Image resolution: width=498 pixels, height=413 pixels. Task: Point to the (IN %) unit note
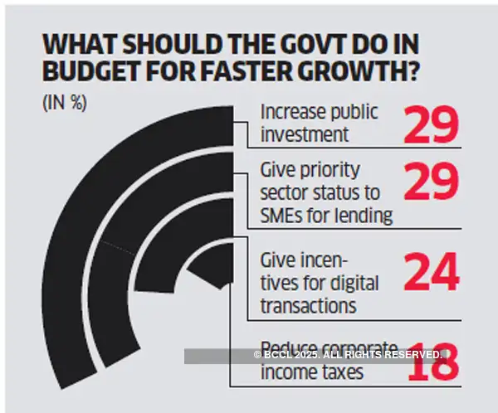[64, 104]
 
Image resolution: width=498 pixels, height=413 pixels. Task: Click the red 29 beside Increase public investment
[431, 124]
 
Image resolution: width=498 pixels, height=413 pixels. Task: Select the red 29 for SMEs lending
[431, 184]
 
